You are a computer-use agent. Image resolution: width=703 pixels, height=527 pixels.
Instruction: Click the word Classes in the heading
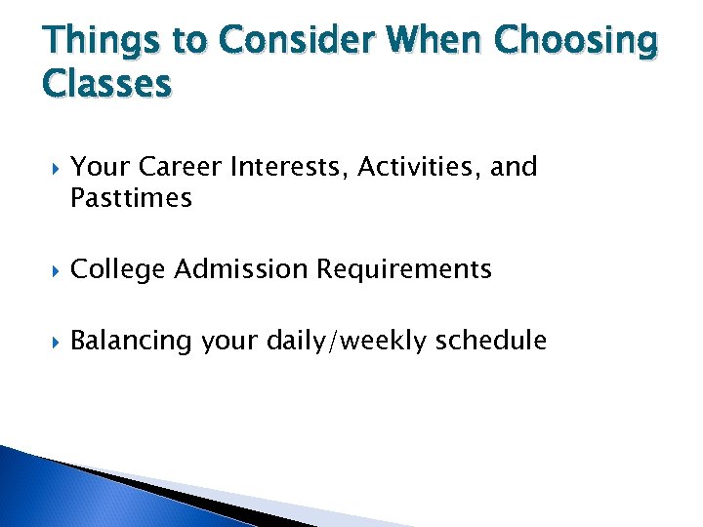pos(107,85)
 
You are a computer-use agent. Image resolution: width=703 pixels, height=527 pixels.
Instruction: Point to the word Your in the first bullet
pos(95,167)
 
